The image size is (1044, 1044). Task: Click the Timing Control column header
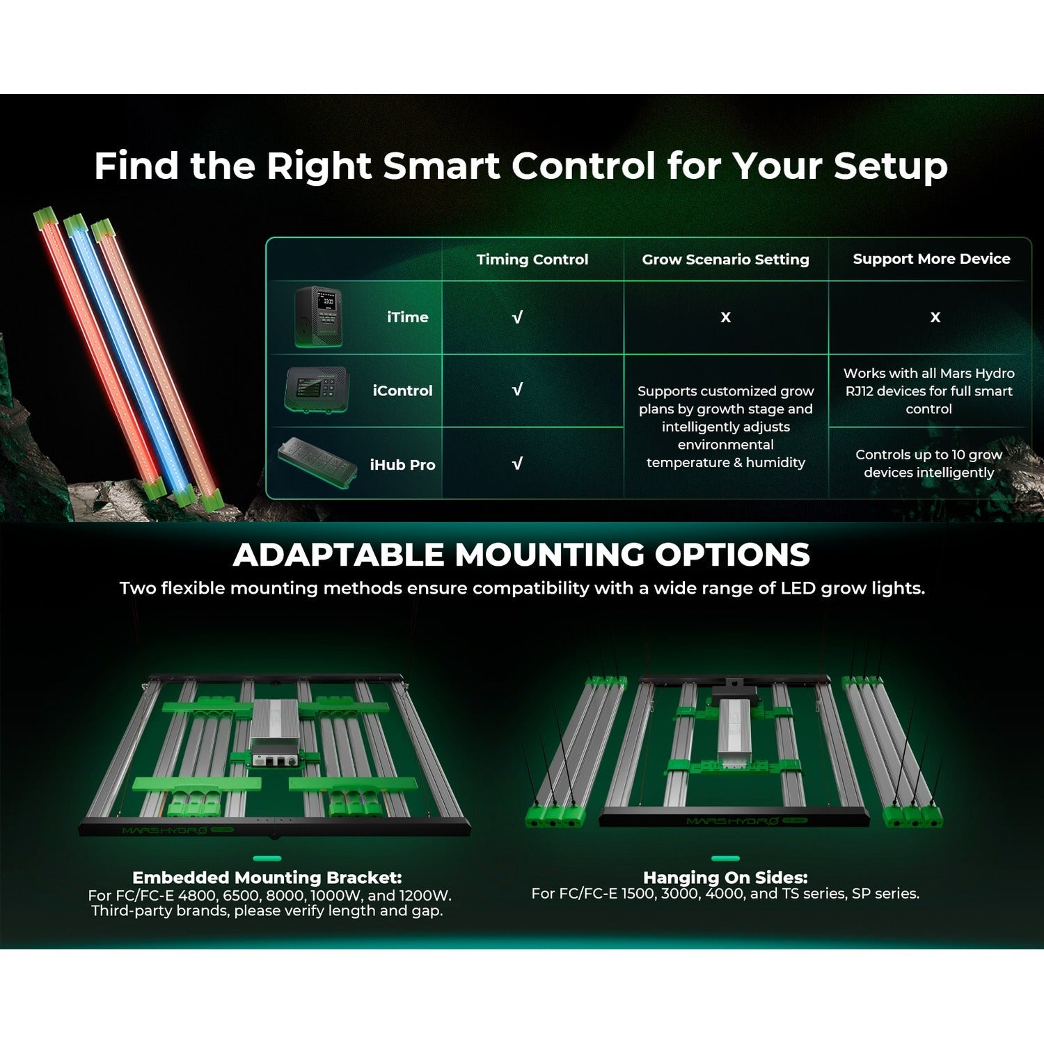click(532, 260)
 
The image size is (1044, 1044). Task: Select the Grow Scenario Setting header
click(725, 260)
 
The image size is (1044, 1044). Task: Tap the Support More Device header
click(931, 259)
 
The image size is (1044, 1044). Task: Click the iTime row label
click(408, 317)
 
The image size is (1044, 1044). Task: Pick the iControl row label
click(402, 391)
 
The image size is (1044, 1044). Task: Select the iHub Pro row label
click(402, 465)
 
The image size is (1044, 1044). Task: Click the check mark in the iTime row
click(517, 317)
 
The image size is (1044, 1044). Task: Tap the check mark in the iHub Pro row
click(517, 464)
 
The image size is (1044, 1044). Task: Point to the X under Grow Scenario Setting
click(726, 317)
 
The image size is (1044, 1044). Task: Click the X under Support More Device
click(935, 317)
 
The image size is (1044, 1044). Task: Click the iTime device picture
click(318, 317)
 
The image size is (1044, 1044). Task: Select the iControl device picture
click(317, 389)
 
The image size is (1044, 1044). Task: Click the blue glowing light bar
click(128, 359)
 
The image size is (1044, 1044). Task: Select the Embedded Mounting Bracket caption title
click(267, 878)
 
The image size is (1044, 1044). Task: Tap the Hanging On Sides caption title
click(725, 878)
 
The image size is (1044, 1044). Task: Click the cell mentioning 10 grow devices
click(928, 464)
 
